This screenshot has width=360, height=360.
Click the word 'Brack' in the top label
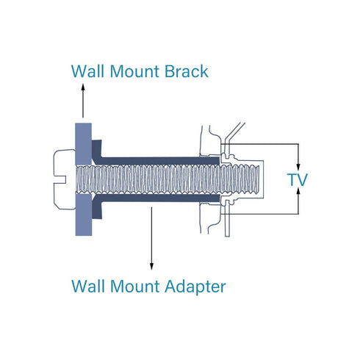point(186,71)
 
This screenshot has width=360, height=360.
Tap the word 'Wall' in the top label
point(87,71)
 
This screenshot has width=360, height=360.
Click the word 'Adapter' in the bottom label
point(195,287)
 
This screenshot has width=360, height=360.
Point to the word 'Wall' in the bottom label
point(87,286)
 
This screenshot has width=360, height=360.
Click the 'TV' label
point(298,179)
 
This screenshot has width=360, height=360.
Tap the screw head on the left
point(65,179)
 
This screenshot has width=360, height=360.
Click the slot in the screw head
point(60,179)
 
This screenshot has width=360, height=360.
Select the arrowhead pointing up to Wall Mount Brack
point(83,87)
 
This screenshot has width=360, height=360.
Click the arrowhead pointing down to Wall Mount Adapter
point(151,267)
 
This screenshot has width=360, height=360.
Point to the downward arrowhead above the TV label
point(298,167)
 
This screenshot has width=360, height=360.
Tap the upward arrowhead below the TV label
point(298,192)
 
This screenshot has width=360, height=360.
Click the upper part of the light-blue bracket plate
point(84,144)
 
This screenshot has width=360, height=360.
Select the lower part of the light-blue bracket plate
point(84,215)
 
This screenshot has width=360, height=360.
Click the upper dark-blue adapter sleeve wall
point(160,161)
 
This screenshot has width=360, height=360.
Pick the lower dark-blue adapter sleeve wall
point(160,198)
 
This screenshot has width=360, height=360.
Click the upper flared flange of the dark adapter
point(97,151)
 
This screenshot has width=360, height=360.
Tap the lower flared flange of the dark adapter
point(97,207)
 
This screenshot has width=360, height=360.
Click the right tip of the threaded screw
point(259,179)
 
